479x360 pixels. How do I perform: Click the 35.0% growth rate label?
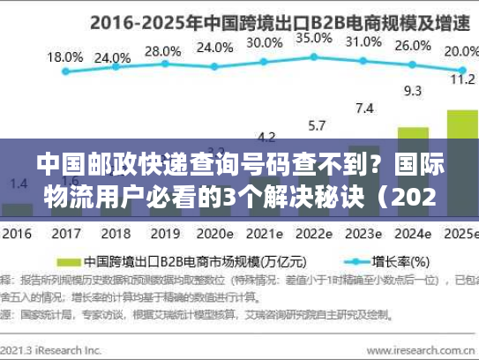coord(313,38)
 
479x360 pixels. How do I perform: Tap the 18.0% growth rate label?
coord(64,56)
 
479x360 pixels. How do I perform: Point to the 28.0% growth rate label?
coord(162,51)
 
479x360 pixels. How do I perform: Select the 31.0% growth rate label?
coord(363,41)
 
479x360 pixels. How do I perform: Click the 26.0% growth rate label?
coord(411,46)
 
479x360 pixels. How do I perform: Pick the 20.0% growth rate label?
coord(458,50)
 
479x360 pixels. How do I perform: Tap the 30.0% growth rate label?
coord(264,41)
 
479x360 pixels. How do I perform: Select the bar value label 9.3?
coord(411,90)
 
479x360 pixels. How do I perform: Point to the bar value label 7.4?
coord(363,109)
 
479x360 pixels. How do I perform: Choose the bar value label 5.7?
coord(314,124)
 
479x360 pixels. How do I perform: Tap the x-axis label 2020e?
coord(214,236)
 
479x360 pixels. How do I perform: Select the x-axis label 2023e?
coord(363,236)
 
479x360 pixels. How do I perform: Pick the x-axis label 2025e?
coord(458,236)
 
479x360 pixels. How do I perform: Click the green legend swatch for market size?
coord(71,262)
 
